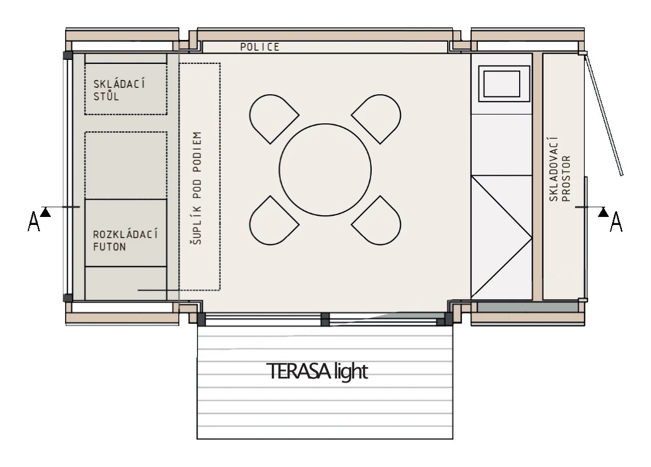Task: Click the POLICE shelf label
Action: pyautogui.click(x=260, y=47)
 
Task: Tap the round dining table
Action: pyautogui.click(x=325, y=170)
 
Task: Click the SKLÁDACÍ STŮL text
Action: pyautogui.click(x=119, y=90)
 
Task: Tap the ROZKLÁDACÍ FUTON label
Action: pyautogui.click(x=125, y=240)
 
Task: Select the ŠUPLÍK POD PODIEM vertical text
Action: pyautogui.click(x=197, y=188)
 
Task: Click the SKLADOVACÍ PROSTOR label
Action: pyautogui.click(x=560, y=170)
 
